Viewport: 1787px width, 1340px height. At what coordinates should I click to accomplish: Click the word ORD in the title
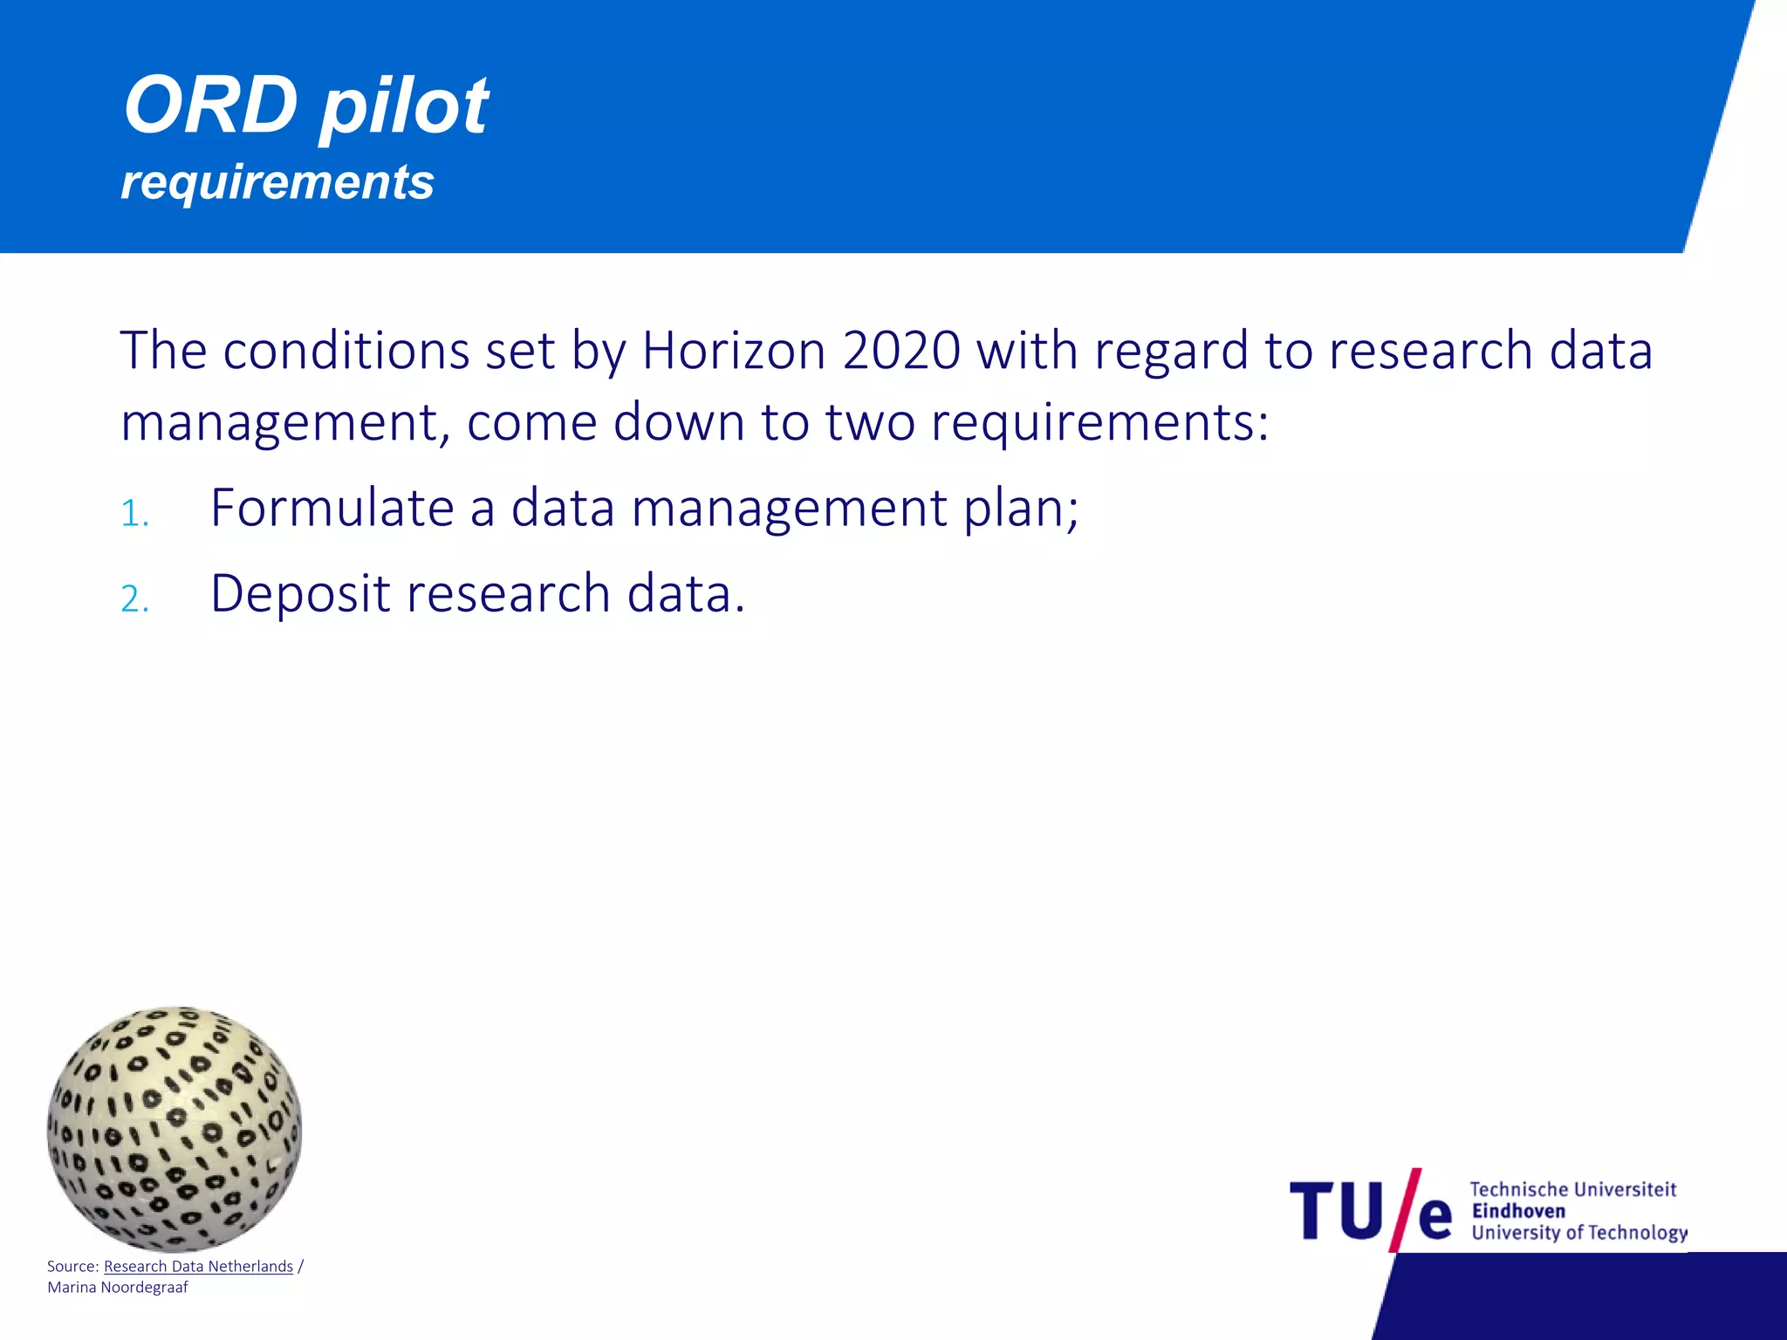point(210,106)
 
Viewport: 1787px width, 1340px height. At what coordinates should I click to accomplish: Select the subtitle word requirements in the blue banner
point(277,182)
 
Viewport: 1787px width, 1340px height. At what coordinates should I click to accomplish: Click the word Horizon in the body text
point(734,351)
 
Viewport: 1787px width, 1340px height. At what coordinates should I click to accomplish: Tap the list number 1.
point(134,514)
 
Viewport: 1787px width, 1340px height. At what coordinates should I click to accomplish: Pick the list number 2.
point(134,599)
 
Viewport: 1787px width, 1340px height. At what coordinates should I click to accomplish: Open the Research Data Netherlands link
point(198,1266)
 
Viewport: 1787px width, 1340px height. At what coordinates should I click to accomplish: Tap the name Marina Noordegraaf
point(118,1288)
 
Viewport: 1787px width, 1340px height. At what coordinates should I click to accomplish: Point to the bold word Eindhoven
point(1518,1211)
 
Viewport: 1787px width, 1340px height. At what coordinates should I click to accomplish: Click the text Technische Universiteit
point(1572,1189)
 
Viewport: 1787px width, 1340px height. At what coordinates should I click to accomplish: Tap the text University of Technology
point(1578,1233)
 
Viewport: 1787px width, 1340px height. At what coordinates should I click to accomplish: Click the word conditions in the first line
point(346,351)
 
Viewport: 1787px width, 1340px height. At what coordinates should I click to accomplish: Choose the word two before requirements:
point(870,422)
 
